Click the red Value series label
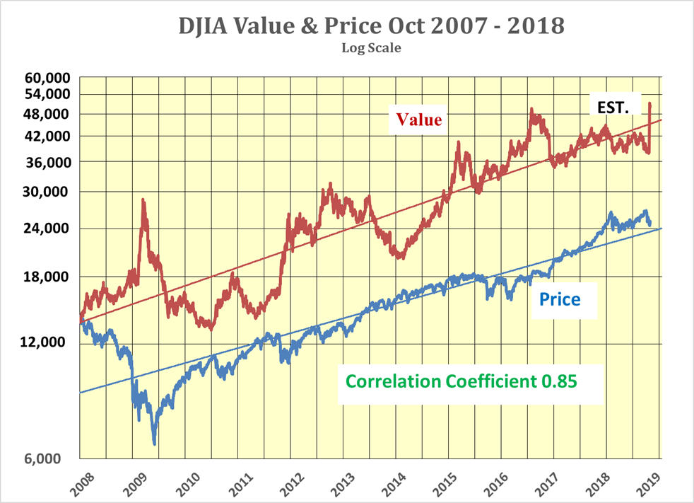click(x=419, y=120)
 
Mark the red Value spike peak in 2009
click(x=143, y=200)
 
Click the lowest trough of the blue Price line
click(x=154, y=444)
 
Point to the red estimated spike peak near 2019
click(x=649, y=104)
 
